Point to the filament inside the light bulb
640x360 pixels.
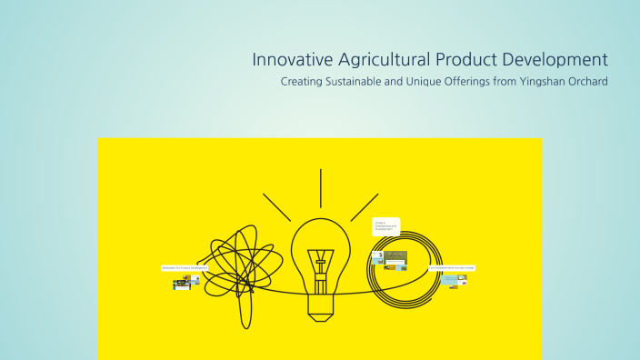(x=320, y=268)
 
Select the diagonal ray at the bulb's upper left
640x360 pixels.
(x=276, y=206)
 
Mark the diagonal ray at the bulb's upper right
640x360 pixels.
(x=364, y=206)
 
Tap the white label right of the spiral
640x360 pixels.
(x=452, y=268)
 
